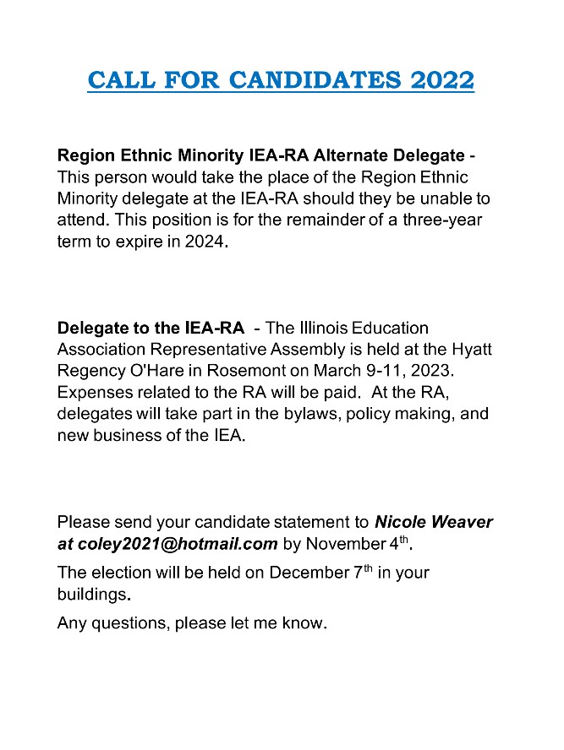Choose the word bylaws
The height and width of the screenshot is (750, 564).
(x=292, y=415)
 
